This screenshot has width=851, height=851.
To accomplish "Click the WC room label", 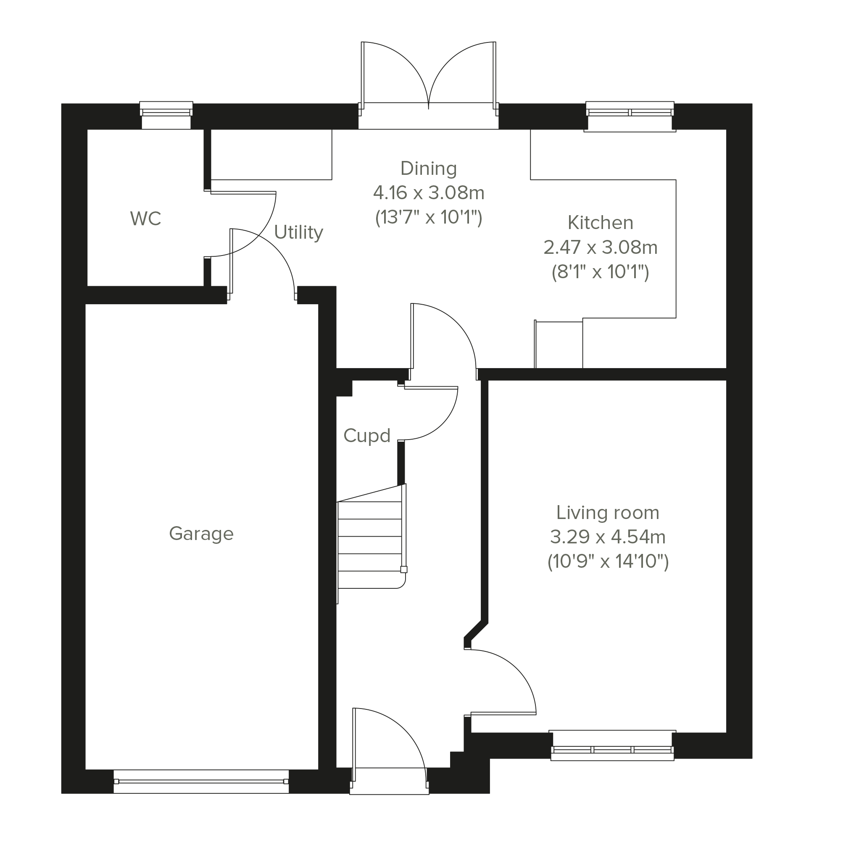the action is (x=146, y=219).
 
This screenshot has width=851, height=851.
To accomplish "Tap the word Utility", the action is (x=299, y=232).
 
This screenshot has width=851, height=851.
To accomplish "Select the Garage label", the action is (x=201, y=534).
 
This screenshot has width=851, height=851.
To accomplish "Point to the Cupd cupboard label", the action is (x=367, y=436).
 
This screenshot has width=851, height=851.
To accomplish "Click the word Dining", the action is (x=429, y=169).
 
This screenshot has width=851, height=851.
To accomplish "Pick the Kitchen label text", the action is (x=601, y=223).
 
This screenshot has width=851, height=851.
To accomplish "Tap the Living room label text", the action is (x=608, y=513).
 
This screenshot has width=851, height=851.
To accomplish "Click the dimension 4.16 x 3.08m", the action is (x=429, y=193).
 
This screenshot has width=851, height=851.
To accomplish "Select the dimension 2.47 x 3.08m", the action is (x=601, y=248).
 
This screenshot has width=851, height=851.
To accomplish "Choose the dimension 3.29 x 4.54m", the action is (x=608, y=537).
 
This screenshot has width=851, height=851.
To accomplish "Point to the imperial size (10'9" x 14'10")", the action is (x=608, y=561).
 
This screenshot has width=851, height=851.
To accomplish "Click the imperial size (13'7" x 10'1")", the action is (x=429, y=218).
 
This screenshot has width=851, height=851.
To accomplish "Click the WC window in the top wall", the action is (x=166, y=115).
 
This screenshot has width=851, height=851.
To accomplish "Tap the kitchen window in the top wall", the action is (x=630, y=116).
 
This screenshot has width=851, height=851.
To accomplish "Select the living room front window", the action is (x=612, y=745).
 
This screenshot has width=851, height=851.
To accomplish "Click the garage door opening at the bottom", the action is (x=201, y=781).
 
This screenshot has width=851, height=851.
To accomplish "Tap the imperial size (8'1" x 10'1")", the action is (x=601, y=272).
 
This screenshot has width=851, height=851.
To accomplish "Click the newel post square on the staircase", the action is (x=403, y=569).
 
